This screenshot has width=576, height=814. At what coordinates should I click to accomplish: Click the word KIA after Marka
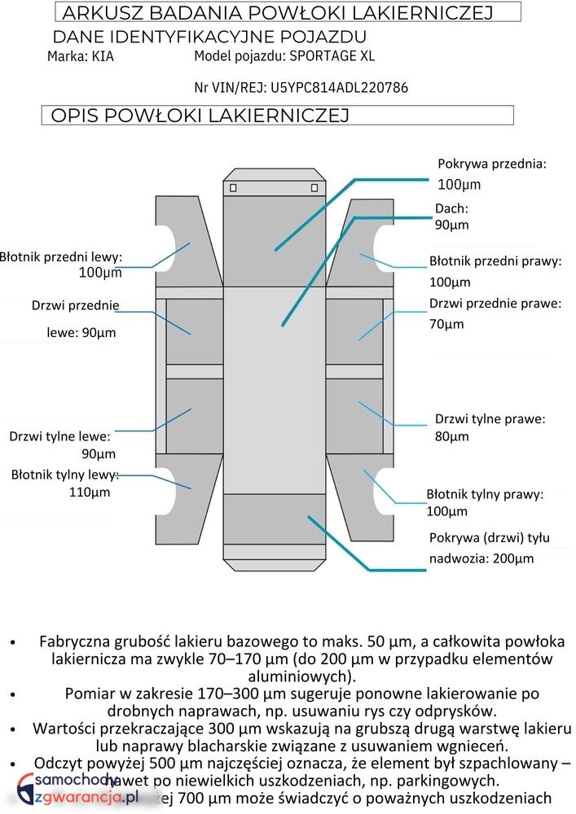coord(103,57)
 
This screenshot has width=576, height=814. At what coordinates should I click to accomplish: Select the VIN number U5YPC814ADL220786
coord(339,87)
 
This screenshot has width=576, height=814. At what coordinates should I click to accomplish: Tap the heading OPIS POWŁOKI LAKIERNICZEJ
coord(200,116)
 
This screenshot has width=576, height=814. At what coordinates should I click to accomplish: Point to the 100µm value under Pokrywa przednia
coord(459,184)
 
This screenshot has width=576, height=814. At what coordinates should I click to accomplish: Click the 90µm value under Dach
coord(451,225)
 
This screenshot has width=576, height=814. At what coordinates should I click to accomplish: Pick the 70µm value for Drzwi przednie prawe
coord(446,324)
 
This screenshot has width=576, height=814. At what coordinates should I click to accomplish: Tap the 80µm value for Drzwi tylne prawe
coord(451,436)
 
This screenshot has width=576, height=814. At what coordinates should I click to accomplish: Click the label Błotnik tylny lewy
coord(65,475)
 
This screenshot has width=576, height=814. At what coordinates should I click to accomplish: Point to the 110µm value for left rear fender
coord(90,492)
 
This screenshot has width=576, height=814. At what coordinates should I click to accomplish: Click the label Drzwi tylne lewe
coord(59,436)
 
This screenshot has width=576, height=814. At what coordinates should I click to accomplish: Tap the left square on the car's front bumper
coord(234,188)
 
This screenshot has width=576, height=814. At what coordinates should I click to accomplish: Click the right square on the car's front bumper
coord(314,188)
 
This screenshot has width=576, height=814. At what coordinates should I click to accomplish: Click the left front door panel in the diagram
coord(194,330)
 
